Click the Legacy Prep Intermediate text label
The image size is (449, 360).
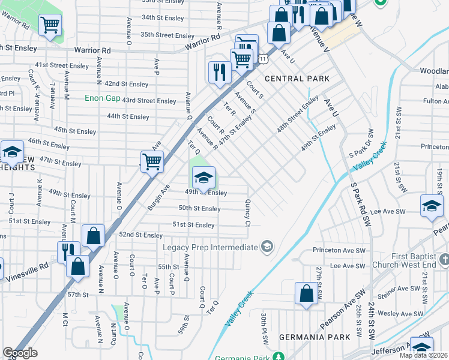pos(210,247)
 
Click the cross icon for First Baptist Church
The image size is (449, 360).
pos(444,260)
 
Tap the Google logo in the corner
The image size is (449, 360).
pos(20,353)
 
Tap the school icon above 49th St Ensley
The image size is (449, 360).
pos(203,177)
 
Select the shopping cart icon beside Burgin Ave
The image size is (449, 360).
pos(152,161)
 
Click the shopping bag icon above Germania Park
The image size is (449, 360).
pos(306,295)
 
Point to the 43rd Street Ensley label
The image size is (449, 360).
pos(149,100)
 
